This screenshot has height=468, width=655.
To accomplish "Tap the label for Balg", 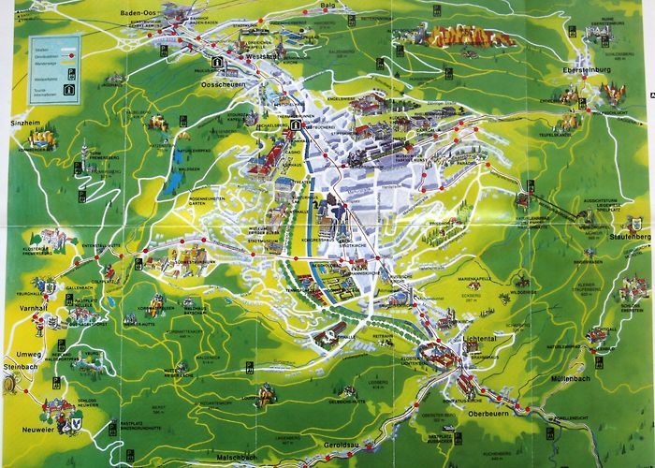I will (327, 7).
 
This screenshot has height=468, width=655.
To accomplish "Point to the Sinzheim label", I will (25, 123).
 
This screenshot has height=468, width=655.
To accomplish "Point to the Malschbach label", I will (237, 457).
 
